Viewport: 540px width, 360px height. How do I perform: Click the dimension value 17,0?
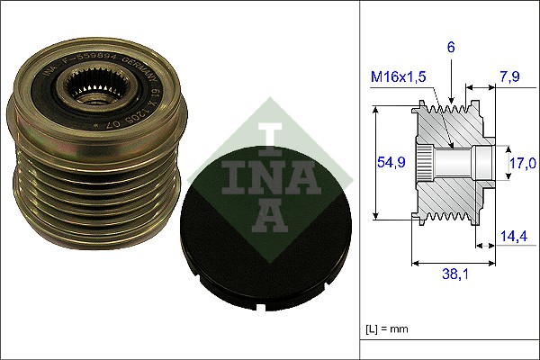[523, 163]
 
